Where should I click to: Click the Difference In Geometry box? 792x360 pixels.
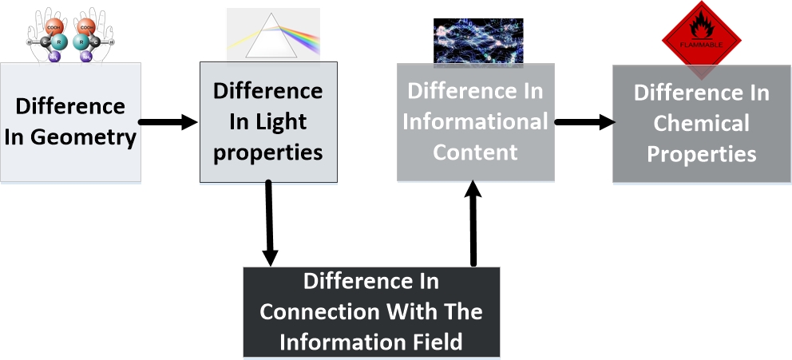70,122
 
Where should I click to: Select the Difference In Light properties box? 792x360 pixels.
267,122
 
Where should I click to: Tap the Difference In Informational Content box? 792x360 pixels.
476,122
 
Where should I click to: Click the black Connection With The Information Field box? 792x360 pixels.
371,312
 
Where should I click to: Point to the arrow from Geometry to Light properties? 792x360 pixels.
168,122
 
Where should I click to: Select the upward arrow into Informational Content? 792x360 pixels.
473,224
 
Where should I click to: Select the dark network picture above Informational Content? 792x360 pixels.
477,41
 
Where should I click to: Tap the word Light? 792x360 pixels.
281,121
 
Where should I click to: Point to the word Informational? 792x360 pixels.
475,121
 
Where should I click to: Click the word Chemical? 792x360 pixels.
701,124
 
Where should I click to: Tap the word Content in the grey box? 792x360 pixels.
476,152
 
